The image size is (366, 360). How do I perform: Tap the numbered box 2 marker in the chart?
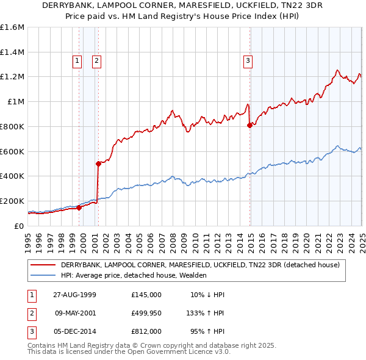(x=97, y=60)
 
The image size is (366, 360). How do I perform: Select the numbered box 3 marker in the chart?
(x=248, y=60)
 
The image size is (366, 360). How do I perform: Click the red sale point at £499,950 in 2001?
(x=98, y=164)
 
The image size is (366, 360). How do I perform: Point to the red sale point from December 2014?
(x=249, y=125)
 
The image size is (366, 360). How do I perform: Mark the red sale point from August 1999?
(x=79, y=207)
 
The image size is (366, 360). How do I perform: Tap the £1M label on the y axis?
(x=16, y=102)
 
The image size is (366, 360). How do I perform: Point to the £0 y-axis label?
(x=20, y=226)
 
